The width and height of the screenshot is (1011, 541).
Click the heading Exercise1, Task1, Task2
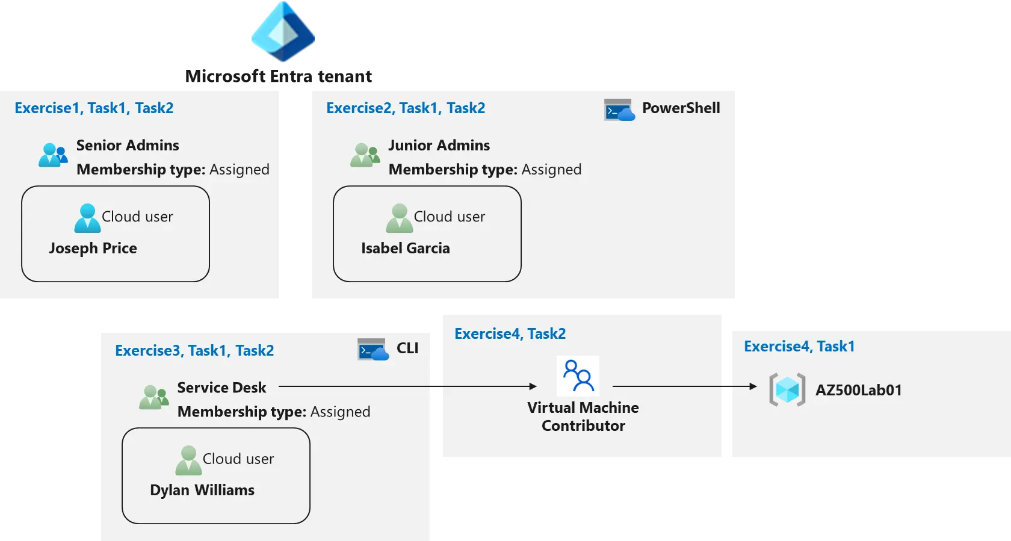click(x=94, y=108)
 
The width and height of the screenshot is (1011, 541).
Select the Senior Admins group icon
click(x=53, y=155)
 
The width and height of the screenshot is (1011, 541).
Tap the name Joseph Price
click(x=93, y=249)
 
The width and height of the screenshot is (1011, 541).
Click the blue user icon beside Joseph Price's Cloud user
click(x=87, y=218)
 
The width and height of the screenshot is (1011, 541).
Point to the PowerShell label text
click(x=681, y=108)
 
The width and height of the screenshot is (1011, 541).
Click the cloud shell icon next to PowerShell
click(x=619, y=110)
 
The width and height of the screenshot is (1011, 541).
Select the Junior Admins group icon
click(x=365, y=155)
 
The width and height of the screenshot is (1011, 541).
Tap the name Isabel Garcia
click(x=405, y=249)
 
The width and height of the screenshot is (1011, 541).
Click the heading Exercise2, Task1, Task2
click(x=406, y=108)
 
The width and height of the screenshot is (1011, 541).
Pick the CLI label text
click(x=407, y=348)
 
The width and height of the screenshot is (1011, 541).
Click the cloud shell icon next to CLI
click(x=373, y=350)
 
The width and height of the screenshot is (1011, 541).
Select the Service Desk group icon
click(x=153, y=398)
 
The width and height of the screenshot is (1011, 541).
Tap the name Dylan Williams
click(x=202, y=490)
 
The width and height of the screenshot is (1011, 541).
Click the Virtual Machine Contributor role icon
click(x=578, y=376)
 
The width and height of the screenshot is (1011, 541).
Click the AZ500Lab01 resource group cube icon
click(x=787, y=390)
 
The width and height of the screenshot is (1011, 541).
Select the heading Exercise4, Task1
click(x=799, y=347)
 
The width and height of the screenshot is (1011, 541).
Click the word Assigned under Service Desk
click(x=340, y=412)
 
